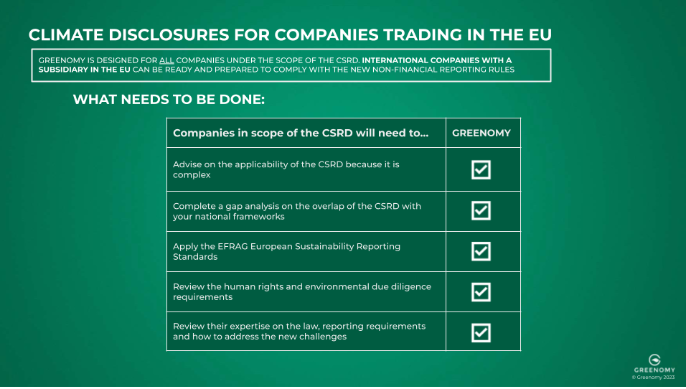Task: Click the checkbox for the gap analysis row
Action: (481, 210)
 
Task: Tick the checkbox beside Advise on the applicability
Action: (481, 169)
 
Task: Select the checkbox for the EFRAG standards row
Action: (481, 251)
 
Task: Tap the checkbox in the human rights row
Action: (481, 291)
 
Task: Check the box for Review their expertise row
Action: (481, 332)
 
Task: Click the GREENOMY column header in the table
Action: (481, 133)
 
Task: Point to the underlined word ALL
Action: (166, 60)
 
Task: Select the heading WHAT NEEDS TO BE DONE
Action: (169, 99)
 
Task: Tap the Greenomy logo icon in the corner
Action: (654, 359)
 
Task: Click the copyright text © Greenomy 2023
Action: (654, 376)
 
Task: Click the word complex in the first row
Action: (192, 174)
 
